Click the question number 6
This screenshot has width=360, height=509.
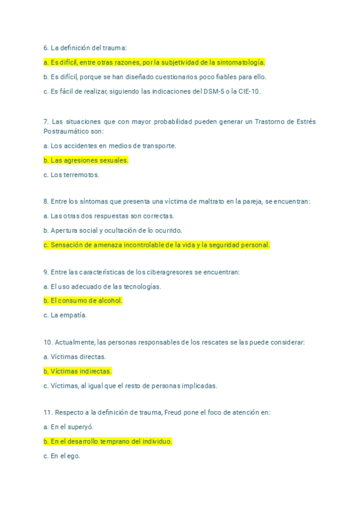click(x=46, y=47)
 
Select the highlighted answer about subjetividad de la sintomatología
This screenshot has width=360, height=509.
click(x=154, y=62)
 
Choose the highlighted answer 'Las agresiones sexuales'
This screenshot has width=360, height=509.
click(x=86, y=160)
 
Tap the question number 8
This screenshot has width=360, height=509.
click(x=46, y=202)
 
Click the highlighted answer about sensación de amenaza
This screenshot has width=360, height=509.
click(x=157, y=245)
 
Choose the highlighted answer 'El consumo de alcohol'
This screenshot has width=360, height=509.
click(x=83, y=301)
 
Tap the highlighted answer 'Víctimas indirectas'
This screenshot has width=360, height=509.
click(x=77, y=372)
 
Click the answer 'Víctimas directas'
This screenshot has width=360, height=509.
click(x=75, y=357)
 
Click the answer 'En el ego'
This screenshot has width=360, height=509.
click(x=62, y=456)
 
